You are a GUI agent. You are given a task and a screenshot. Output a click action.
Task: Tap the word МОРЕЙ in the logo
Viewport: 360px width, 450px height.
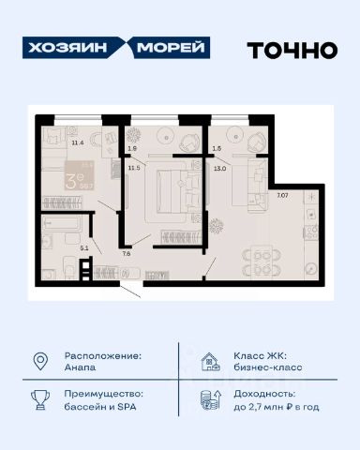coord(173,49)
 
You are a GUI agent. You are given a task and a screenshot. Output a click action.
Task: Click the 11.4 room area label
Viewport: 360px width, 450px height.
coord(65,142)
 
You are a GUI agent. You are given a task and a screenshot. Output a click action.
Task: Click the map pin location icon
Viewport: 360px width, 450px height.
coord(40,361)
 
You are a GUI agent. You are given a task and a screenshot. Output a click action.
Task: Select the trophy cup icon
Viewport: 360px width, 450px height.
coord(40,400)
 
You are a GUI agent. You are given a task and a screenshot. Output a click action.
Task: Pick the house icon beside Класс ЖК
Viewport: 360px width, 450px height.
coord(209,361)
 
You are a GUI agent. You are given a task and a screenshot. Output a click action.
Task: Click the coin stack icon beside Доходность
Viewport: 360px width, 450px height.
coord(209,400)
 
